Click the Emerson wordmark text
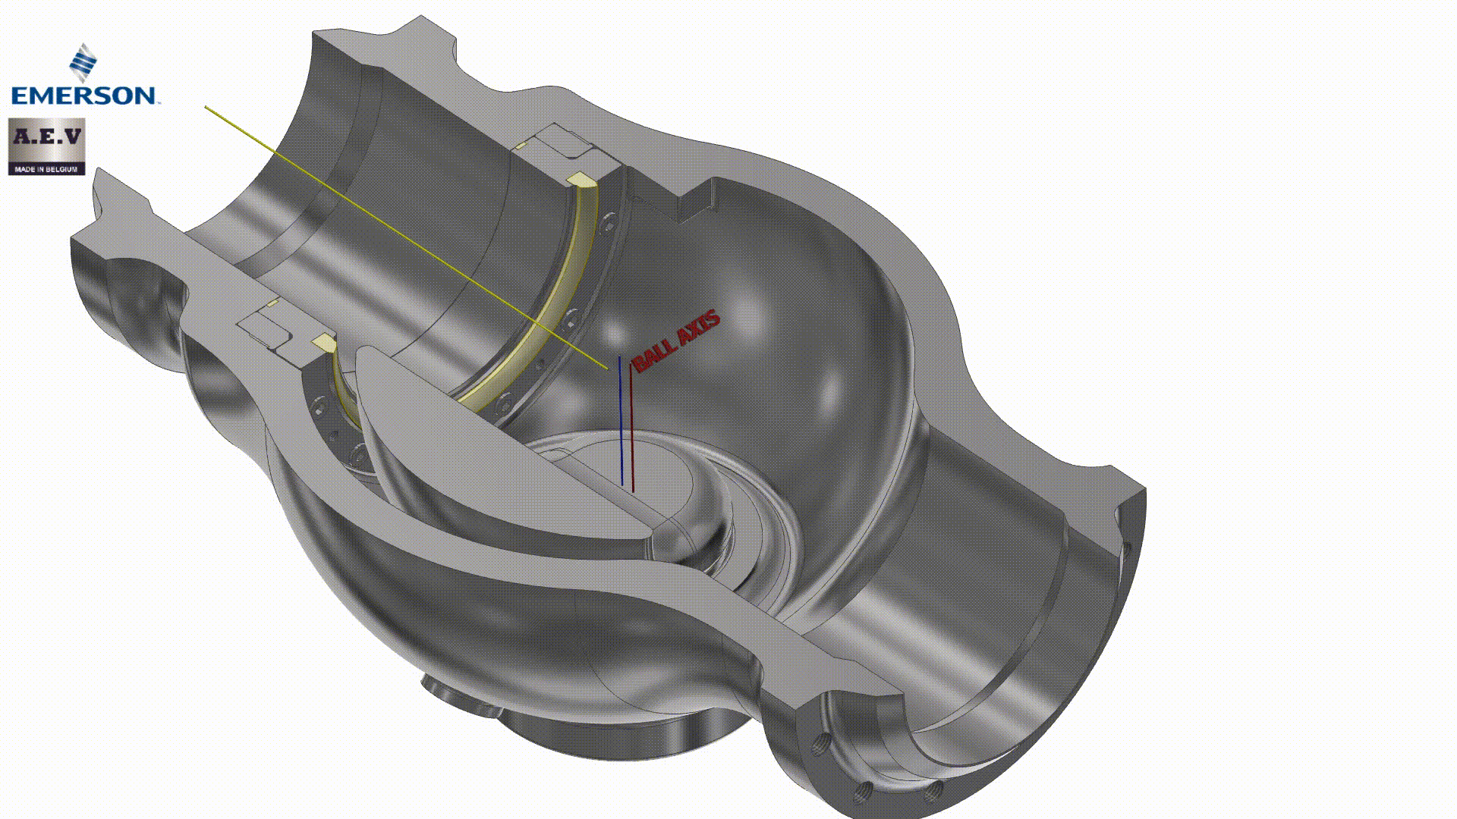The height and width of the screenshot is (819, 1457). click(83, 96)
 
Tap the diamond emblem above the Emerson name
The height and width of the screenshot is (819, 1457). click(83, 62)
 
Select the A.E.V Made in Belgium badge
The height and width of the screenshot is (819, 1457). click(46, 146)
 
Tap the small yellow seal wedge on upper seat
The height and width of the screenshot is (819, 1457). click(581, 180)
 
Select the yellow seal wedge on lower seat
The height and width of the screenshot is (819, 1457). click(324, 342)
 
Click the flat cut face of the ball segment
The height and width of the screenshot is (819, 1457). click(493, 447)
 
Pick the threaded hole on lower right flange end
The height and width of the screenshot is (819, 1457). click(861, 793)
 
